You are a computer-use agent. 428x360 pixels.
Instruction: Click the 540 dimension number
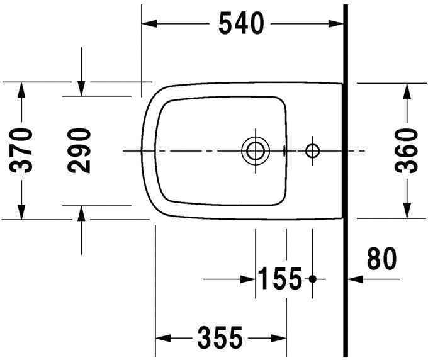tap(241, 24)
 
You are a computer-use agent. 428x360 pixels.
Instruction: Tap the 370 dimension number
tap(23, 150)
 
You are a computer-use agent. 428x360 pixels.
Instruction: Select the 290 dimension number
tap(81, 150)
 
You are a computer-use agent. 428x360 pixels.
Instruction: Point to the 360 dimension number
tap(407, 150)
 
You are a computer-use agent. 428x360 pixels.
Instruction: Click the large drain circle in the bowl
tap(255, 150)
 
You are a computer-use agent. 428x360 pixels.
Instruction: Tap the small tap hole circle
tap(312, 150)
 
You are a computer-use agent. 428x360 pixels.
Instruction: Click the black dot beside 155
tap(312, 278)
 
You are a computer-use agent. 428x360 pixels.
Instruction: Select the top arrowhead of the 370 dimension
tap(21, 89)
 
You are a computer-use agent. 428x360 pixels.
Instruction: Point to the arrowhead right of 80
tap(354, 278)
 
